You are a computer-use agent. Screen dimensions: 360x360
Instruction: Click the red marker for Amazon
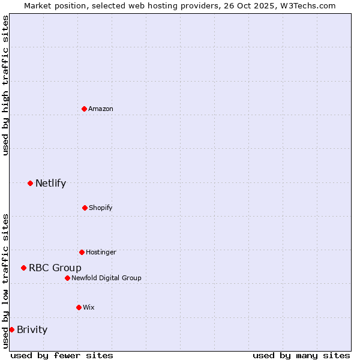tap(84, 109)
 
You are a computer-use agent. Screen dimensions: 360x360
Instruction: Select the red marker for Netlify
tap(30, 183)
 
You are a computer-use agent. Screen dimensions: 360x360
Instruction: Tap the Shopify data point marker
tap(85, 208)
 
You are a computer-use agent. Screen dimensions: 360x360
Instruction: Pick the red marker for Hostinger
tap(82, 252)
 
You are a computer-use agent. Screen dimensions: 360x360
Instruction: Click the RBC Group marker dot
tap(23, 268)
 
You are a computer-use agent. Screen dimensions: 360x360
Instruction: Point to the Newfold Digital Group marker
tap(67, 278)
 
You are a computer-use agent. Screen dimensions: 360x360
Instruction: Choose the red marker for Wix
tap(79, 307)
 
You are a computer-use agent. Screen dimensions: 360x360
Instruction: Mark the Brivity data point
tap(11, 329)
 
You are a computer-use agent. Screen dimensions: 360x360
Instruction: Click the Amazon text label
tap(101, 109)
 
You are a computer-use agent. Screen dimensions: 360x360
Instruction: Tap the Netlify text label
tap(50, 183)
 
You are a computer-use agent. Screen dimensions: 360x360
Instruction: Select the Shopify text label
tap(101, 208)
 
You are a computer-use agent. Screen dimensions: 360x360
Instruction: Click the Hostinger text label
tap(101, 252)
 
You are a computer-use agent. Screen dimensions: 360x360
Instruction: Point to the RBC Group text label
tap(55, 268)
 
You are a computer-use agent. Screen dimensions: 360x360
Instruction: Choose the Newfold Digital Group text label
tap(106, 278)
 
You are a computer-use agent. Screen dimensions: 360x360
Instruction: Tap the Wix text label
tap(89, 307)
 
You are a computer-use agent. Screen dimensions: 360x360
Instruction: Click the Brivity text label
tap(32, 329)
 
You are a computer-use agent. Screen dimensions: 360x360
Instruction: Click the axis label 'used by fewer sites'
tap(62, 355)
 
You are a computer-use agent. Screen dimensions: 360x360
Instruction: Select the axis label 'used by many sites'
tap(301, 355)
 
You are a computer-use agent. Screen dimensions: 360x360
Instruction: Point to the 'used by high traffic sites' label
tap(5, 85)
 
